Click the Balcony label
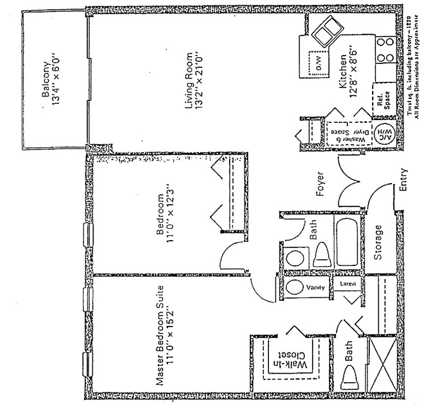coord(48,83)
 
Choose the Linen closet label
coord(348,284)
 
